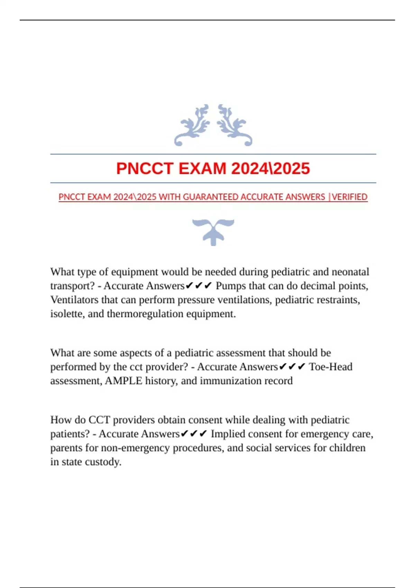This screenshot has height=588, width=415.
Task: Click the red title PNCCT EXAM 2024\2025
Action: (x=213, y=169)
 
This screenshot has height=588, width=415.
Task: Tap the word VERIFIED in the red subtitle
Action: (x=350, y=197)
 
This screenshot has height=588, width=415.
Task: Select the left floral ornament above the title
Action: (x=192, y=125)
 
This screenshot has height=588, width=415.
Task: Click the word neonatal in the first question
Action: (x=350, y=272)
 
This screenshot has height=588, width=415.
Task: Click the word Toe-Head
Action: (x=331, y=367)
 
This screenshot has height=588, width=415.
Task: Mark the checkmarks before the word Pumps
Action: (x=199, y=286)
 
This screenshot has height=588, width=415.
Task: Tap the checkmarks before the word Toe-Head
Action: (x=292, y=367)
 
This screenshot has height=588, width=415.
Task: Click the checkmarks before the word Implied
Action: (x=194, y=434)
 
